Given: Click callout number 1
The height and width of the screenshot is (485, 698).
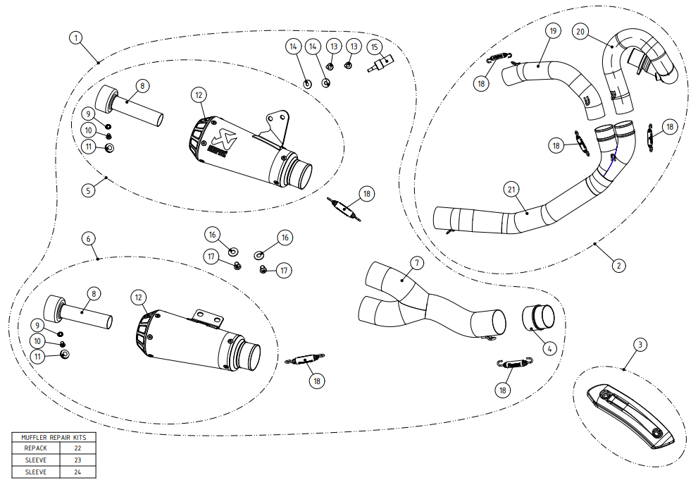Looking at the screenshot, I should tap(76, 37).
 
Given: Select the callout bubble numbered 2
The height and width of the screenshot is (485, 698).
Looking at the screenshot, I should tap(618, 265).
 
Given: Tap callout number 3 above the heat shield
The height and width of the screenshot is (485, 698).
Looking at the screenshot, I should tap(639, 345).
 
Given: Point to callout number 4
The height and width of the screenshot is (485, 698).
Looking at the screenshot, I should tap(549, 347).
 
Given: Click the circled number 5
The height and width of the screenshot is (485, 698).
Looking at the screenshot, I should tap(88, 190).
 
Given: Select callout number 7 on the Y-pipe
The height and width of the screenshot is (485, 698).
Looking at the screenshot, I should tap(416, 263).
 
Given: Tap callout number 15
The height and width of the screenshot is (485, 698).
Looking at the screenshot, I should tap(375, 47).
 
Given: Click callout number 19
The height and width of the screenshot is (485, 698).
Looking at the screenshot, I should tap(553, 30).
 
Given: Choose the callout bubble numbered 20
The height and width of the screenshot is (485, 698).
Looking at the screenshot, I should tap(580, 32).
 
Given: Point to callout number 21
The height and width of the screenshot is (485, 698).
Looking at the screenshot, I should tap(511, 189).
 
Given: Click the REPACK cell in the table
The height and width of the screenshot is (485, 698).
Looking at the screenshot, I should tap(35, 448).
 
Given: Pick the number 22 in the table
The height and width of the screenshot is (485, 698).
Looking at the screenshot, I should tap(77, 448).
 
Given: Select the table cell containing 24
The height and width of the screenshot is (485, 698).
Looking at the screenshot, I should tap(77, 472).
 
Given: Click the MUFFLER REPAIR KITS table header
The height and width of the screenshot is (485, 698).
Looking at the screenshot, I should tap(54, 437).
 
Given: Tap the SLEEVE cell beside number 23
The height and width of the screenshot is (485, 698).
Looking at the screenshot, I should tap(35, 460).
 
